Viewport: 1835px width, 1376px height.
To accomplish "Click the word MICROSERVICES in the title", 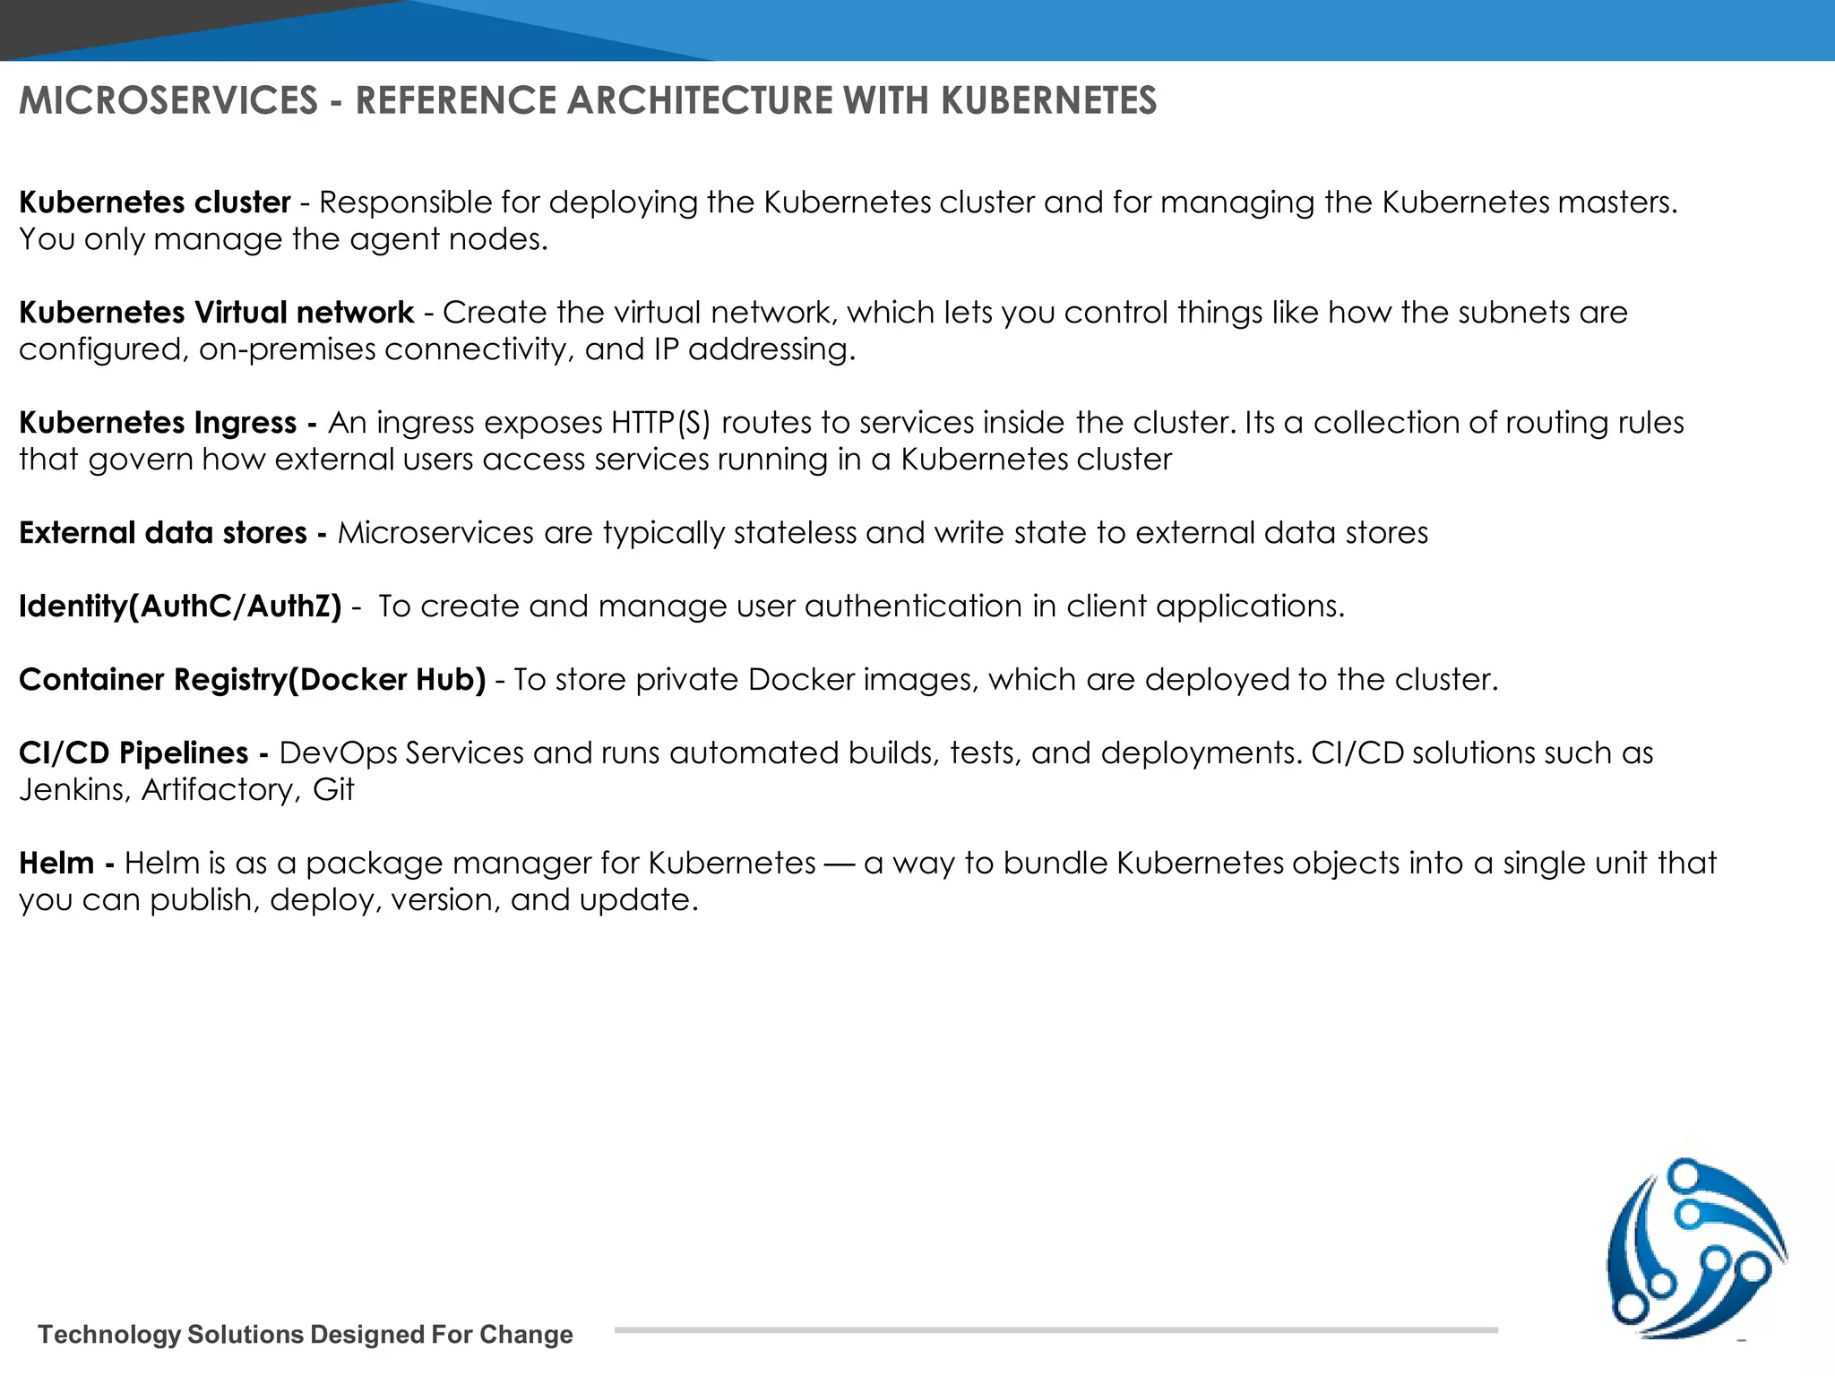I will coord(168,100).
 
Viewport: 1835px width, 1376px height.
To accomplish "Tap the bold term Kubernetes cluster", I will coord(155,202).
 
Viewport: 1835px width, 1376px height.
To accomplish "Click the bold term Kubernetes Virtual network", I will coord(216,313).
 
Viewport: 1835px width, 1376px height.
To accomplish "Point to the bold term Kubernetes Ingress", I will coord(158,423).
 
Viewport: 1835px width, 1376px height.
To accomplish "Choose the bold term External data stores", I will coord(163,533).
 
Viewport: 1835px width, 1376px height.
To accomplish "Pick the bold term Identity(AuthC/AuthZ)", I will coord(180,606).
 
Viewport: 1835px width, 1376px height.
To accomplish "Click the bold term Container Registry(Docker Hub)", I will coord(252,680).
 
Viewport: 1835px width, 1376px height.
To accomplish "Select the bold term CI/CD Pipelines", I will coord(134,753).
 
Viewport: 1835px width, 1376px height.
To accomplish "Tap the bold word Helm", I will coord(56,864).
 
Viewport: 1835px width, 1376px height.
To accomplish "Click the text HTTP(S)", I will coord(660,423).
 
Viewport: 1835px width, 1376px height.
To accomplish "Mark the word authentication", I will coord(913,606).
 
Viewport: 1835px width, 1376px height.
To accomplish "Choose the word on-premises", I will coord(287,349).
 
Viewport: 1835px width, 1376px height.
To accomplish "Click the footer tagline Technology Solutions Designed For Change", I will coord(305,1335).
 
